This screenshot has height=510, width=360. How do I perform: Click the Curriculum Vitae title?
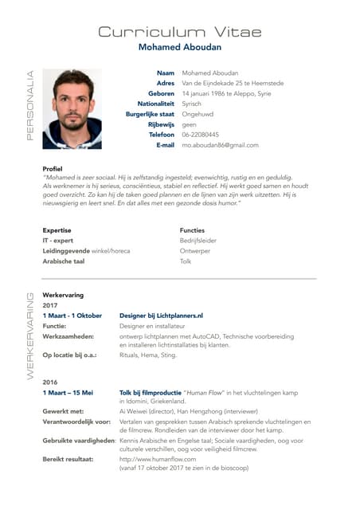tap(179, 32)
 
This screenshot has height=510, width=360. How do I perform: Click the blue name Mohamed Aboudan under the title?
tap(179, 48)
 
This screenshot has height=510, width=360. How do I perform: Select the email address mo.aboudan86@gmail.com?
tap(221, 145)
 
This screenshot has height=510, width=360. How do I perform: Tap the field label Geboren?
tap(161, 93)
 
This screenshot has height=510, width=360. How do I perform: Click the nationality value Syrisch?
tap(192, 104)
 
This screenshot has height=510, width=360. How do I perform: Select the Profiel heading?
tap(53, 168)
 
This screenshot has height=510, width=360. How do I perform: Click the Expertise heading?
tap(57, 229)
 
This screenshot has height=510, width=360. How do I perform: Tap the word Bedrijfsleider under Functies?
tap(198, 240)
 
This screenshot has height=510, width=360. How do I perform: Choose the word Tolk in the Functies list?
tap(186, 261)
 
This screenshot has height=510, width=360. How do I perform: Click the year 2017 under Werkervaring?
tap(50, 305)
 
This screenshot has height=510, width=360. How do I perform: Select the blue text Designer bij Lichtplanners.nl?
tap(161, 316)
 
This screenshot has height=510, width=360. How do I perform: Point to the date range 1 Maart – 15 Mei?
tap(68, 392)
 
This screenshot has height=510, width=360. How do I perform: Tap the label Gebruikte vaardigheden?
tap(79, 440)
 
